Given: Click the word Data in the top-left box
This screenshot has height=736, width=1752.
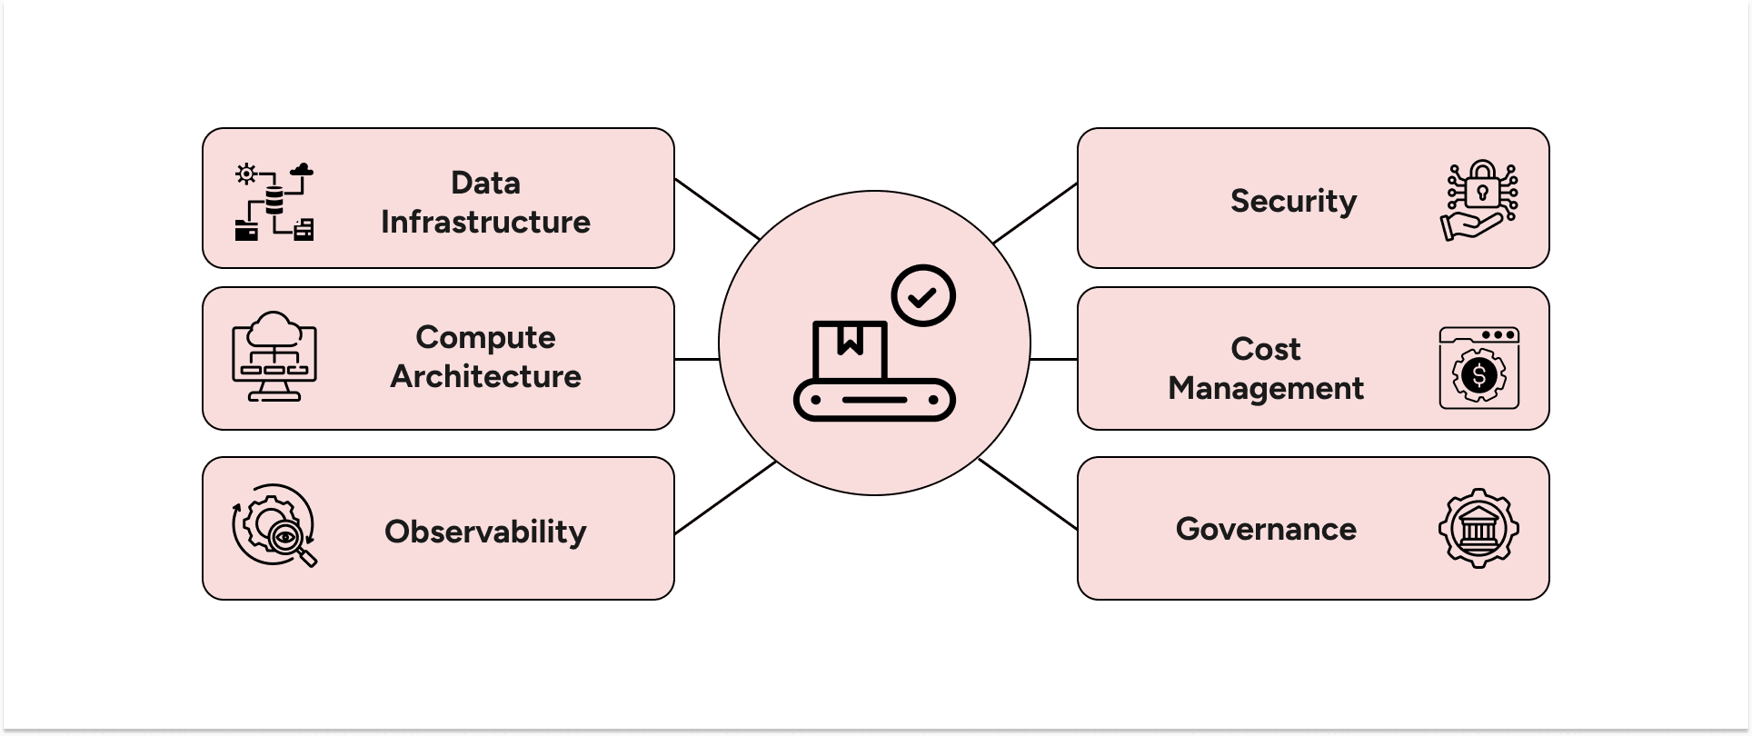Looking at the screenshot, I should point(485,183).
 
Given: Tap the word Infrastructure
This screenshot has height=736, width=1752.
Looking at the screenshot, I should point(485,222).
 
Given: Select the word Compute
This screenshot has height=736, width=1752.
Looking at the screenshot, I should point(485,337).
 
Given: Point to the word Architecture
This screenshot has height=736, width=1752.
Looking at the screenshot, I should point(485,376).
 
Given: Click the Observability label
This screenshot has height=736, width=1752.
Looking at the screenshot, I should point(485,532).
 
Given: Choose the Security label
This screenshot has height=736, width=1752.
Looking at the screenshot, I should point(1293,201).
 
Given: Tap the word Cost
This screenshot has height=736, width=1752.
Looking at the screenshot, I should point(1265,349).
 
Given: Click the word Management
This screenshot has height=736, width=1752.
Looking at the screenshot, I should point(1265,388).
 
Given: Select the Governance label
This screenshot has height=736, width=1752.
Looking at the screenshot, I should point(1265,529).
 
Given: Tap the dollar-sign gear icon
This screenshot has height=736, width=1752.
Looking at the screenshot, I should point(1478,374).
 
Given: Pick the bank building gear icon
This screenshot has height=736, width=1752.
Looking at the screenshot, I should point(1478,528).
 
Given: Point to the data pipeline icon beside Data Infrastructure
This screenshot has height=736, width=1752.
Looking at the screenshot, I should point(274,201).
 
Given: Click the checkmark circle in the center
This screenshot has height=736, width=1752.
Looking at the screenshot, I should point(923,296).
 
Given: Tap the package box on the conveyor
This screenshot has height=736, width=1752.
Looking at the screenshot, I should point(850,350).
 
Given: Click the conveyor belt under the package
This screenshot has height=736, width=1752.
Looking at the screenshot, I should point(874,400).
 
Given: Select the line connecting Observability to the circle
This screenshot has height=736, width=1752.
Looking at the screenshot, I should point(725,497).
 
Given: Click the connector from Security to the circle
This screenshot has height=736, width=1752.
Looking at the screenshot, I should point(1035,213).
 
